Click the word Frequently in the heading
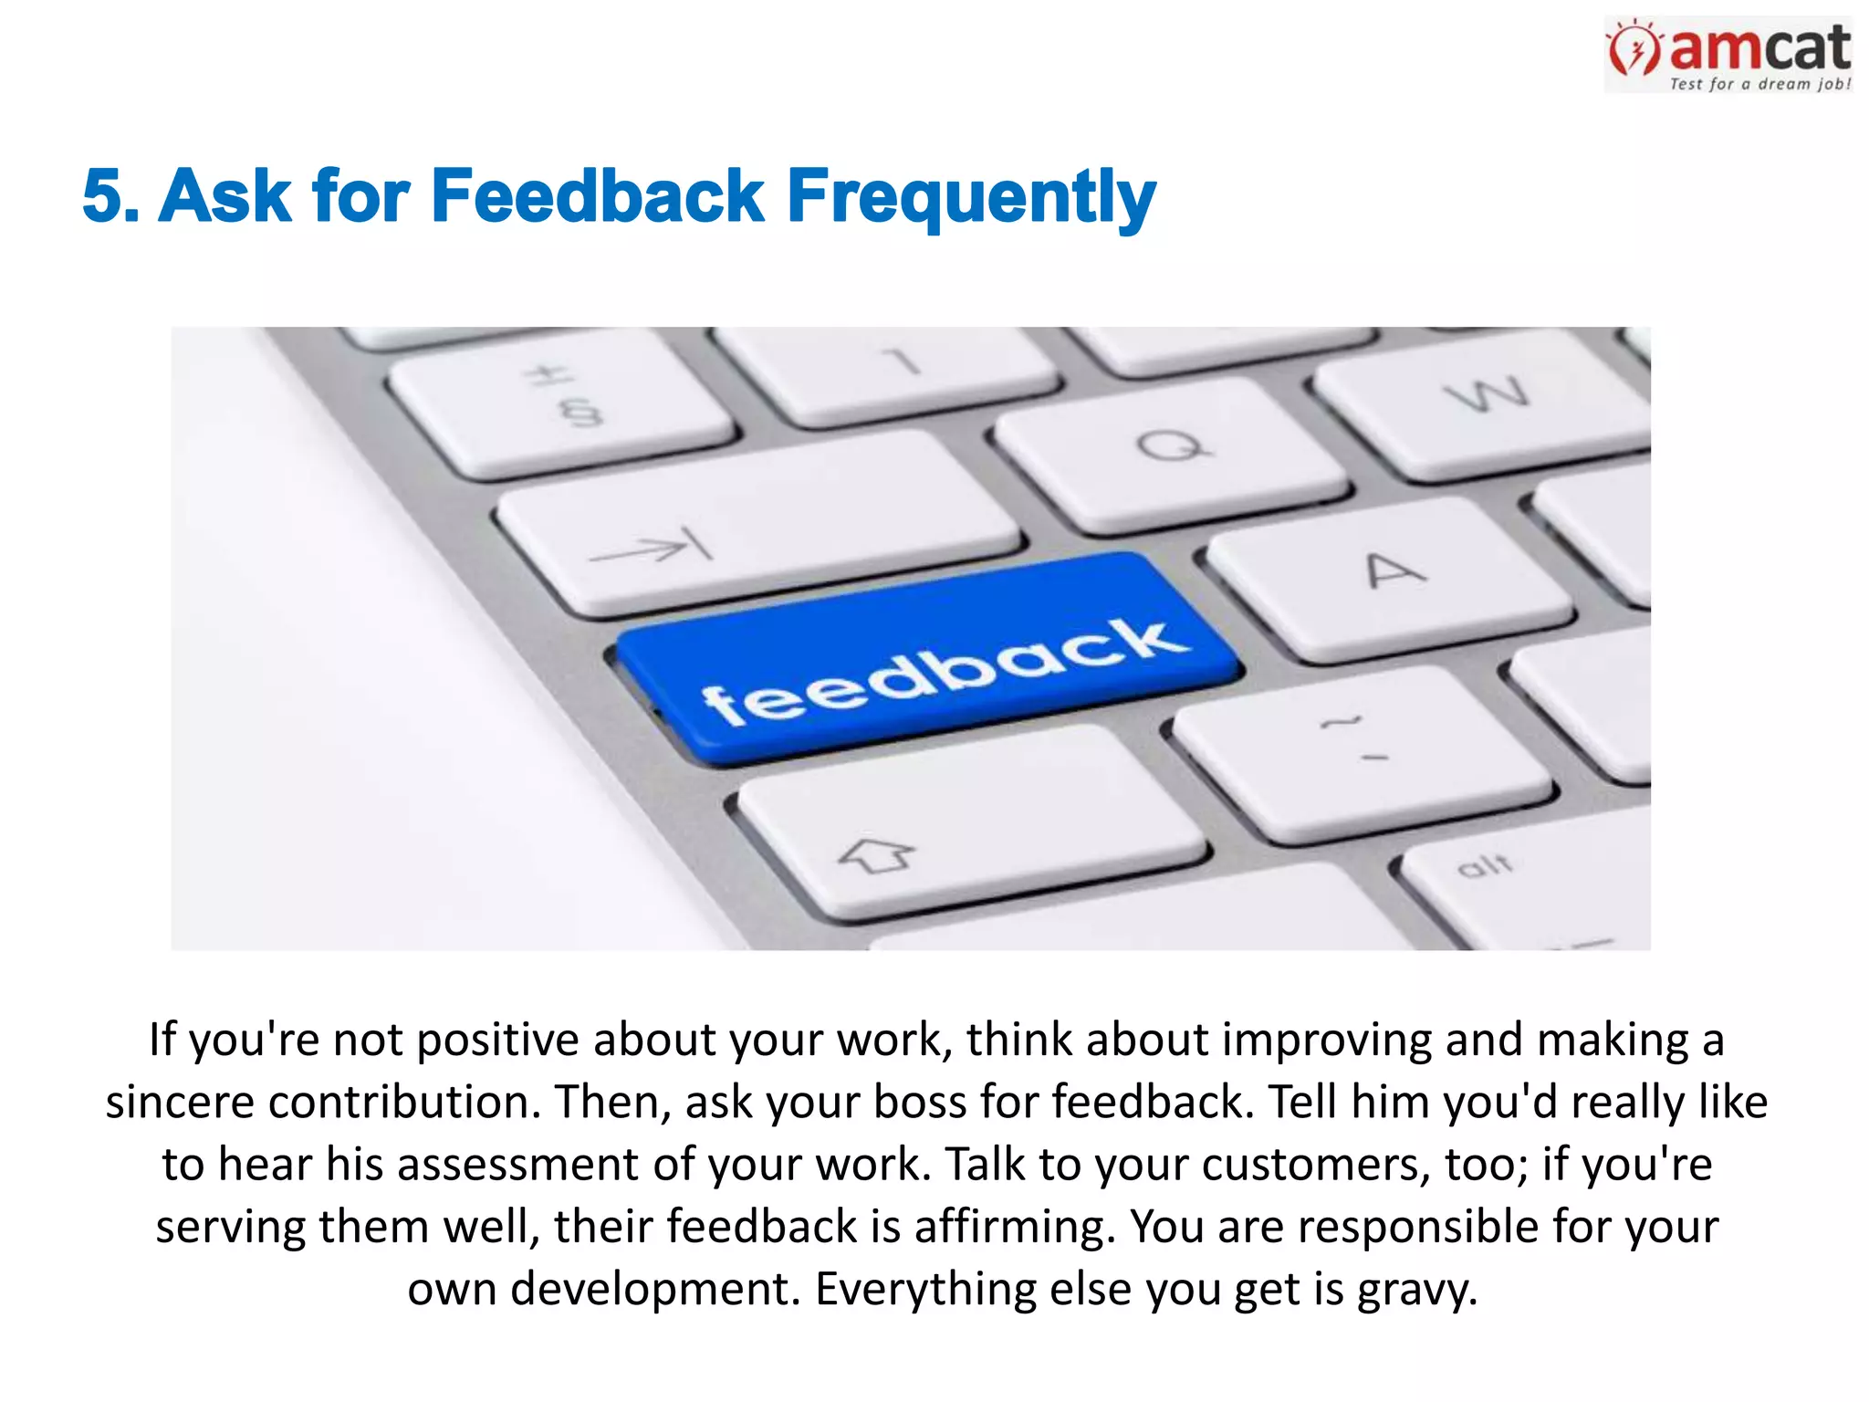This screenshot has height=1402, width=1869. pos(971,196)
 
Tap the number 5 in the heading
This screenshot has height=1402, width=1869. pos(103,196)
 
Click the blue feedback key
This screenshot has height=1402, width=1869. pos(931,662)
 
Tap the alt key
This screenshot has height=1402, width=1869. pos(1515,876)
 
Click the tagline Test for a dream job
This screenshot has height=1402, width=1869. pos(1759,84)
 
